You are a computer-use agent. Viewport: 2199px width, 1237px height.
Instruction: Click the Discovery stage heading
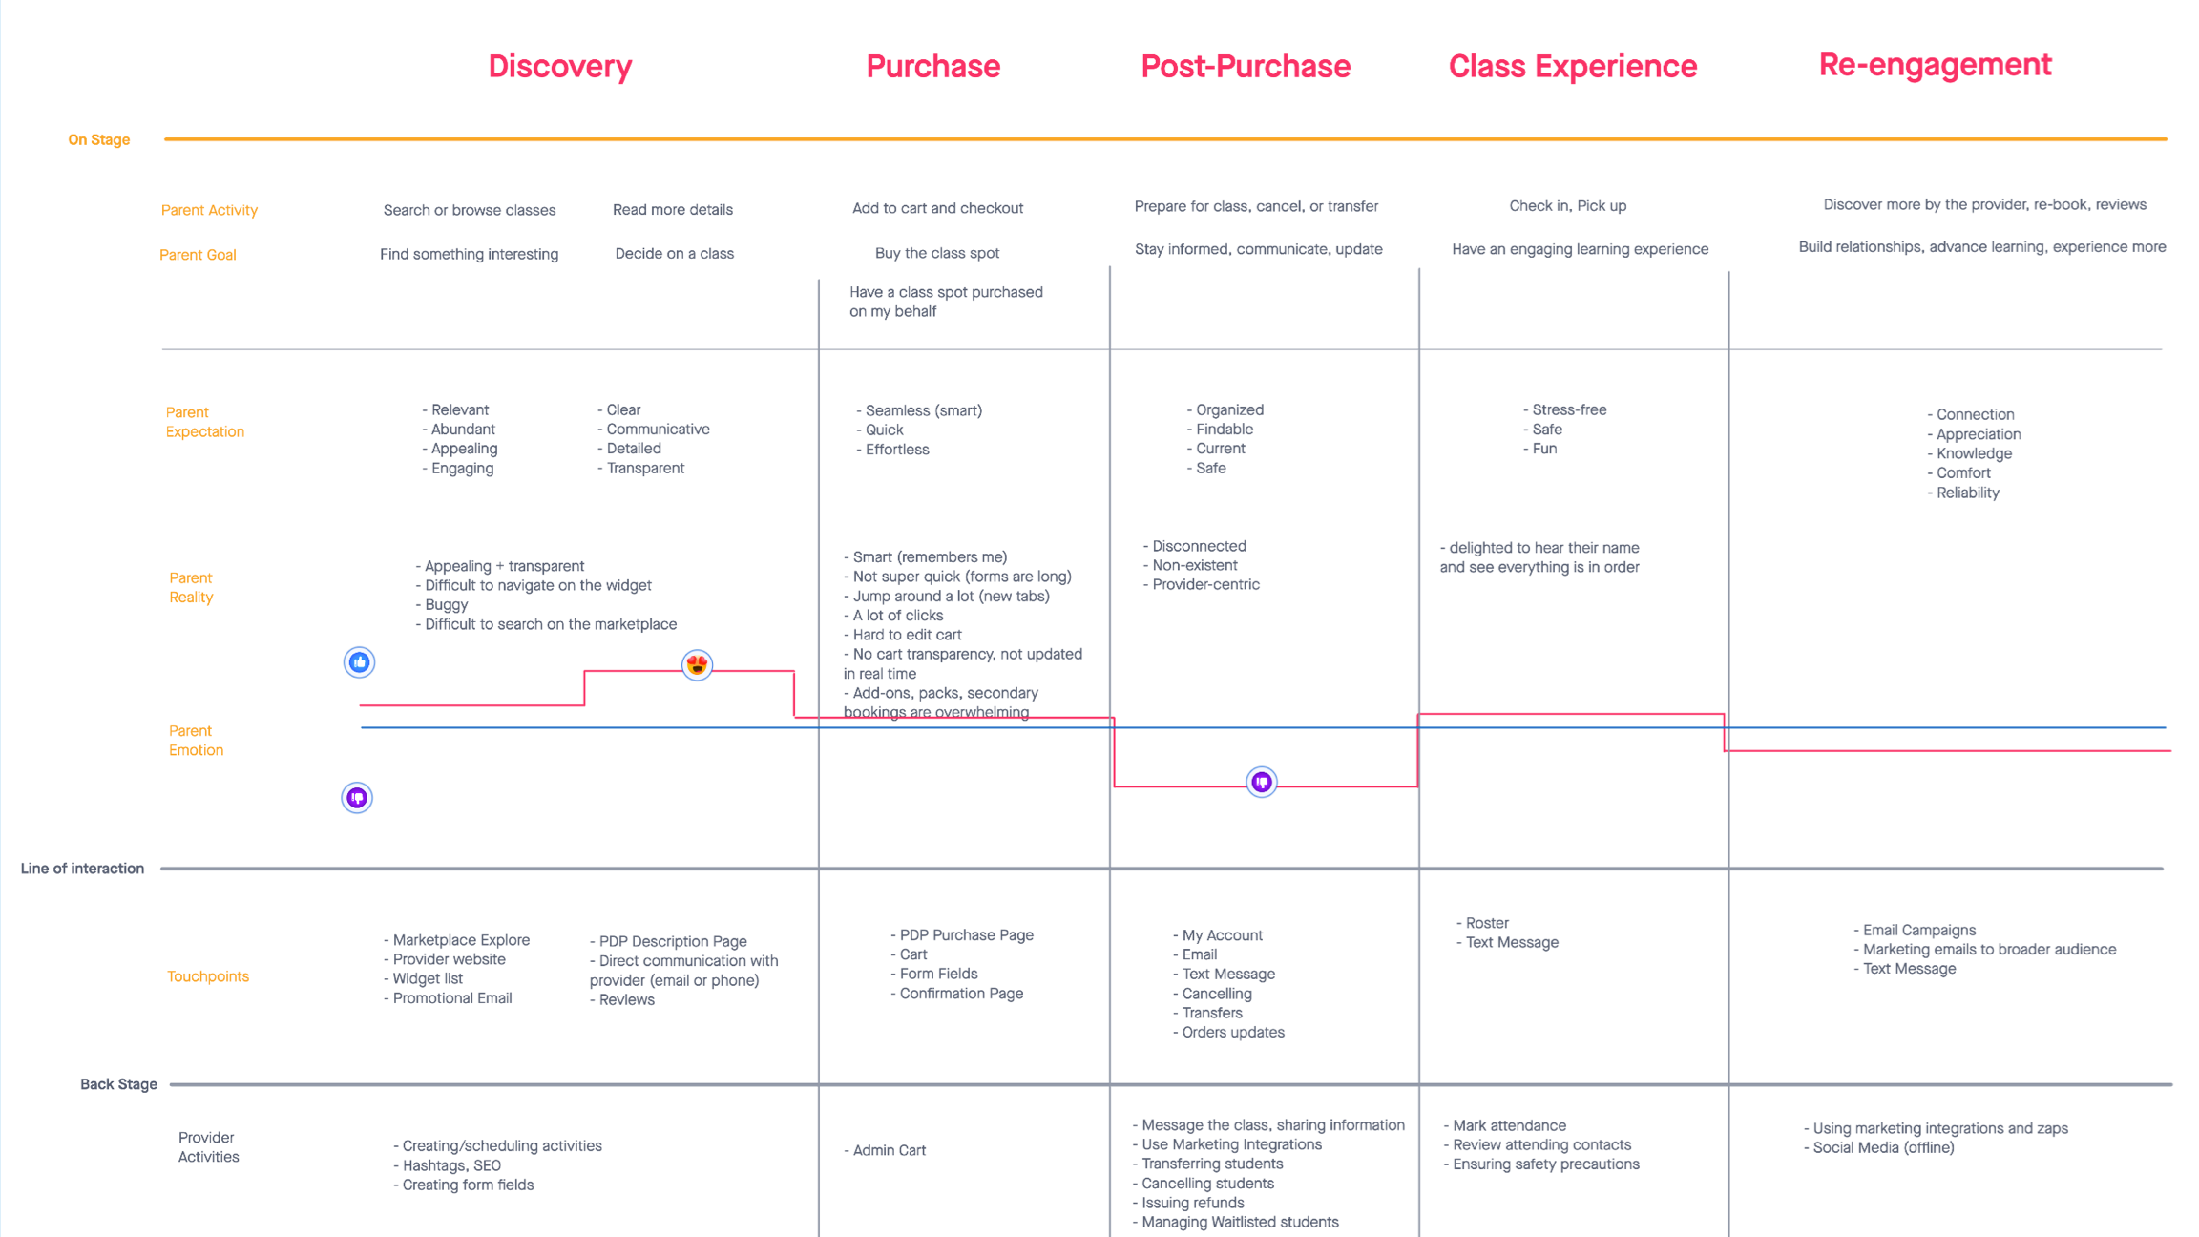click(559, 66)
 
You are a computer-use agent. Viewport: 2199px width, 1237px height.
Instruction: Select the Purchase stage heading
click(932, 66)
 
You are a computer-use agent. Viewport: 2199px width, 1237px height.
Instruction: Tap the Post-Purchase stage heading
click(1246, 66)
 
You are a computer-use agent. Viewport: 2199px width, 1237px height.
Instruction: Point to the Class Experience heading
click(1572, 66)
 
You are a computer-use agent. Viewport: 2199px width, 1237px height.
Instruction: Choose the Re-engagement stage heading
click(1935, 64)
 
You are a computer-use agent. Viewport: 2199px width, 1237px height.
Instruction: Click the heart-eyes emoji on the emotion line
click(697, 664)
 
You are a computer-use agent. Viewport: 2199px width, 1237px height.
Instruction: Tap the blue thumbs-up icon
click(359, 662)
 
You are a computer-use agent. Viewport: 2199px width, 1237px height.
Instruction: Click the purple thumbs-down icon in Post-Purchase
click(1262, 783)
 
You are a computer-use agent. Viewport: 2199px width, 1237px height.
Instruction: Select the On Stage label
click(98, 139)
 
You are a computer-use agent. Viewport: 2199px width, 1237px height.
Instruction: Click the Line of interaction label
click(82, 869)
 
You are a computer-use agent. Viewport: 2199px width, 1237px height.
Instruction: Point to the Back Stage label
click(118, 1084)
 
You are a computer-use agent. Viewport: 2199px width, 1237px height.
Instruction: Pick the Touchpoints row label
click(208, 976)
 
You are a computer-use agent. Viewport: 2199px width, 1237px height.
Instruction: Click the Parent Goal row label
click(198, 255)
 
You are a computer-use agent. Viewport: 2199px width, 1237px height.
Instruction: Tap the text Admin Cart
click(889, 1150)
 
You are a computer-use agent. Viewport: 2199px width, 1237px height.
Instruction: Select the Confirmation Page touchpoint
click(961, 994)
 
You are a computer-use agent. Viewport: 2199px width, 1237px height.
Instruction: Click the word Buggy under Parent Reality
click(447, 605)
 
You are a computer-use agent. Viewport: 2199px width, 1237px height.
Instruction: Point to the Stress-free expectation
click(1569, 409)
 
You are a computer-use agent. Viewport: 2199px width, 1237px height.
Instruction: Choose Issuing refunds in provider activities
click(1193, 1203)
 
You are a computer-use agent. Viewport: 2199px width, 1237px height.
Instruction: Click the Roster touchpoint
click(1487, 923)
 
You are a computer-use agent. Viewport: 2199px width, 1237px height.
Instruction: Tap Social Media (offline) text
click(1883, 1147)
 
